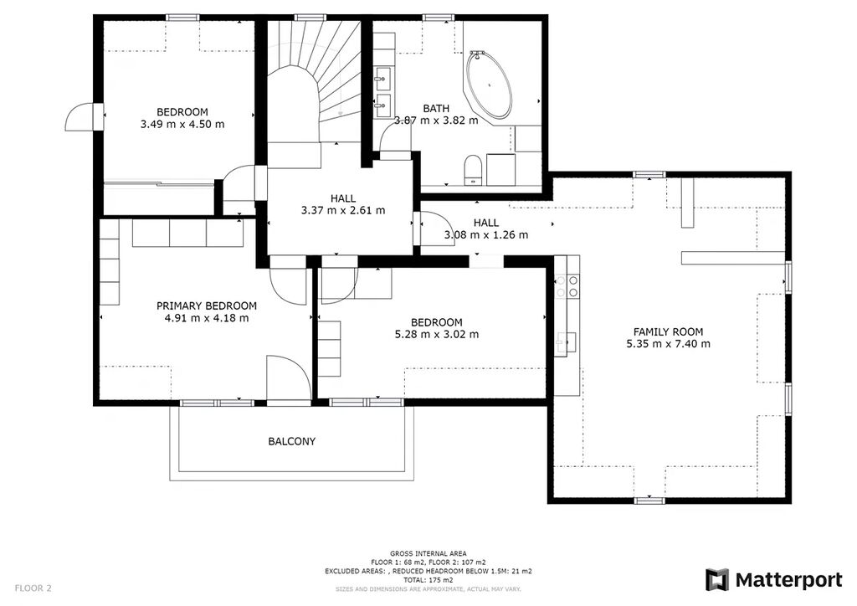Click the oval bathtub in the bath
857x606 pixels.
click(x=489, y=85)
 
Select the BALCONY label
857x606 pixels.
click(x=292, y=441)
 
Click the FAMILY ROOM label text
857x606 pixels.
click(x=668, y=331)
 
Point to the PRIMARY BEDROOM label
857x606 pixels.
click(x=207, y=306)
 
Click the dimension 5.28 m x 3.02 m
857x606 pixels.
click(x=437, y=335)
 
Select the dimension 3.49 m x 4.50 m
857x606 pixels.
click(x=182, y=124)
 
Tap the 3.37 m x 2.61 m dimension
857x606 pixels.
click(x=343, y=210)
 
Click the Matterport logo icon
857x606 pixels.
click(x=717, y=580)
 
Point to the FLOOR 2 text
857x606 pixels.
click(x=33, y=588)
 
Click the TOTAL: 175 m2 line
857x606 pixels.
click(x=428, y=580)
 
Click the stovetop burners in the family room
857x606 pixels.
click(x=567, y=286)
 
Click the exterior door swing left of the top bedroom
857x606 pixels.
click(x=80, y=117)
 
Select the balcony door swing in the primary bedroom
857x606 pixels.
click(x=289, y=378)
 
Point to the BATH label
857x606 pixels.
click(x=436, y=109)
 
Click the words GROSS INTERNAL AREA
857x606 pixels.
click(x=428, y=553)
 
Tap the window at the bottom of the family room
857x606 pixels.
click(x=649, y=500)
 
